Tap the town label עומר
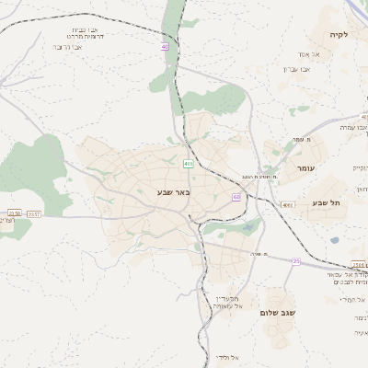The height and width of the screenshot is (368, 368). click(305, 169)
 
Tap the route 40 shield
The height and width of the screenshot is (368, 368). click(165, 46)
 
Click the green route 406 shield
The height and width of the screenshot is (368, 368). click(188, 164)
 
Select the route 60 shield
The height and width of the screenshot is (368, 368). click(236, 197)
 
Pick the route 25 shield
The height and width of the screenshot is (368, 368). click(296, 261)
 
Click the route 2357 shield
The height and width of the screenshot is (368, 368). click(34, 213)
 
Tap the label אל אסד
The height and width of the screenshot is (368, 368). click(309, 54)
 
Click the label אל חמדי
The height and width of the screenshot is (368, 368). click(352, 300)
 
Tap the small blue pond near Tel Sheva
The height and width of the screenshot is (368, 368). click(335, 240)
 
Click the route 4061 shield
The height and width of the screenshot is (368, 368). click(287, 204)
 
